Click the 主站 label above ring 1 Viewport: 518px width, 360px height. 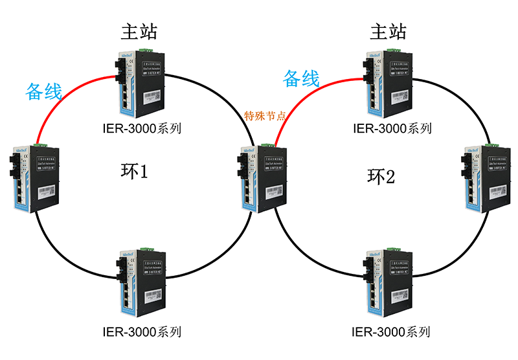pyautogui.click(x=139, y=31)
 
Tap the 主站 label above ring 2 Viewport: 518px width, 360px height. pyautogui.click(x=388, y=31)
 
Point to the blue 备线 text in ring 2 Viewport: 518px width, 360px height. pyautogui.click(x=302, y=79)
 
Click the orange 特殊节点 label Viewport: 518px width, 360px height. pyautogui.click(x=265, y=117)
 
